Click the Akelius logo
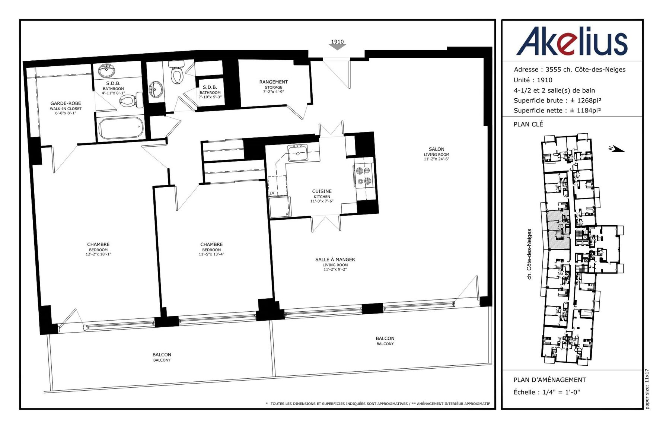pos(571,41)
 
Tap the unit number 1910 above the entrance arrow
pos(337,42)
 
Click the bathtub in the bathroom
pos(121,128)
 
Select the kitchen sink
pos(298,153)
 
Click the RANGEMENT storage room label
pos(274,86)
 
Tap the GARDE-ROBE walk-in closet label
pos(66,108)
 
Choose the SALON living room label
pos(436,154)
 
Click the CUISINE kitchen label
pos(322,196)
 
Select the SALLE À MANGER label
pos(335,264)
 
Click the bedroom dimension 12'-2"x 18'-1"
pos(98,254)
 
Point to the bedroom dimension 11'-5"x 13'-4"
pos(211,254)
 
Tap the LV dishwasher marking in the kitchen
pos(272,193)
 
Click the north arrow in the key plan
pos(616,149)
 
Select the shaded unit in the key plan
pos(558,229)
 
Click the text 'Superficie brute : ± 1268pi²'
pos(557,101)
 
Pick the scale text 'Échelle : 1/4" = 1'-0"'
pos(546,392)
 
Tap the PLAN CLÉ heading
pos(528,124)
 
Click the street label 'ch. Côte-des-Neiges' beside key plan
pos(529,254)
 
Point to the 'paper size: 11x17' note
pos(647,389)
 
